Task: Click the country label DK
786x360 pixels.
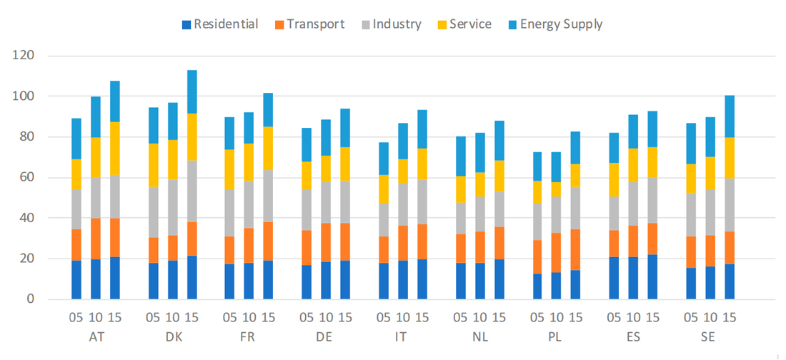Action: click(173, 335)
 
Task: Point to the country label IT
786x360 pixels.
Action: click(404, 335)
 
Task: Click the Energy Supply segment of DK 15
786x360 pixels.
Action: click(192, 91)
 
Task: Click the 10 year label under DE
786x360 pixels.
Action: click(327, 317)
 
